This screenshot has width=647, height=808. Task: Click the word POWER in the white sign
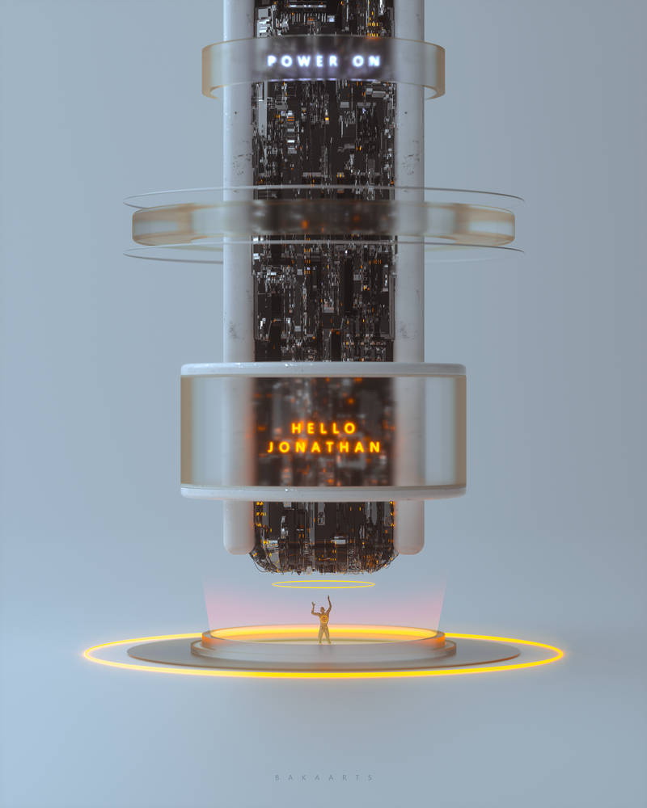[302, 61]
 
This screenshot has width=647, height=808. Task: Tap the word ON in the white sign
[367, 61]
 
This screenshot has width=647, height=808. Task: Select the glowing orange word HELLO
[323, 428]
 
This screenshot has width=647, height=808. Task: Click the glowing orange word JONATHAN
[324, 447]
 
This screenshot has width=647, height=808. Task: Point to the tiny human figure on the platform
[323, 620]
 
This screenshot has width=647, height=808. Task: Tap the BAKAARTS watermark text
[324, 777]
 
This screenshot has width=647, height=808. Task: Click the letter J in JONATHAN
[271, 447]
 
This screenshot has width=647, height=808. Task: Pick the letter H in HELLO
[296, 428]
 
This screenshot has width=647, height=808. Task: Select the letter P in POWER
[272, 61]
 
